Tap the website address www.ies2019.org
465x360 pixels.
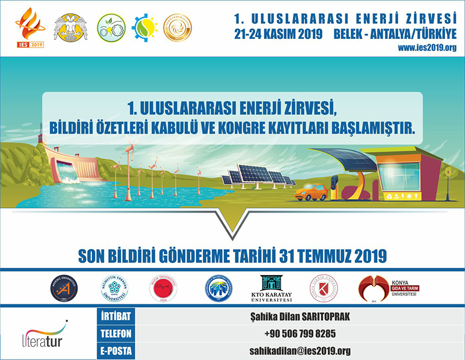pyautogui.click(x=427, y=48)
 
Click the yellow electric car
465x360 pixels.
pyautogui.click(x=311, y=192)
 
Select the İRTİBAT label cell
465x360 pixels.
pyautogui.click(x=116, y=316)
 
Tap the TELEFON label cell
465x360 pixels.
pyautogui.click(x=116, y=334)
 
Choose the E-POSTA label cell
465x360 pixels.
pyautogui.click(x=116, y=351)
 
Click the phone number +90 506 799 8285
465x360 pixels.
pyautogui.click(x=299, y=334)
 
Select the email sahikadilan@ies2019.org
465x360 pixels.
pyautogui.click(x=299, y=351)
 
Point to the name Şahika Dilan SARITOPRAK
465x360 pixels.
pyautogui.click(x=299, y=316)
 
